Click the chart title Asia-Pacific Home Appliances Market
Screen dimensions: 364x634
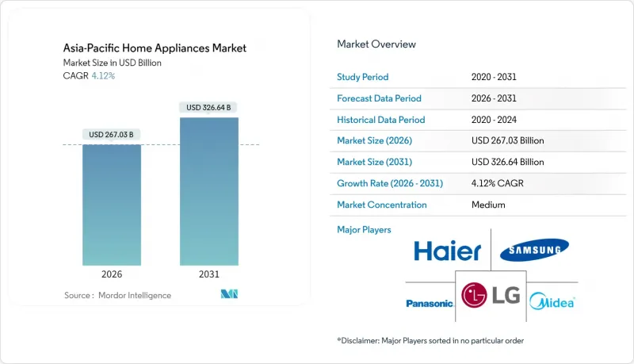click(x=155, y=48)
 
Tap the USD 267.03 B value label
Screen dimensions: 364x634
click(x=112, y=134)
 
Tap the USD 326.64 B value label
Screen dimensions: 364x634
click(x=208, y=107)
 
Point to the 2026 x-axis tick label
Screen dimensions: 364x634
click(x=112, y=275)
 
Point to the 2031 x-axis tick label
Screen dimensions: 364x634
click(x=208, y=275)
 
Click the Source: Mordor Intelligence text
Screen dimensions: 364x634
click(x=117, y=295)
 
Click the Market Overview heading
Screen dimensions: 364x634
click(x=376, y=44)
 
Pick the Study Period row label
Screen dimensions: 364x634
click(x=363, y=78)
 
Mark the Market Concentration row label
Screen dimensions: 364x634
click(x=382, y=205)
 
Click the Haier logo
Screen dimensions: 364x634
click(x=447, y=252)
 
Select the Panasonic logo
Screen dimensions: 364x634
click(x=430, y=303)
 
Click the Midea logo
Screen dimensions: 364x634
click(x=552, y=301)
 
